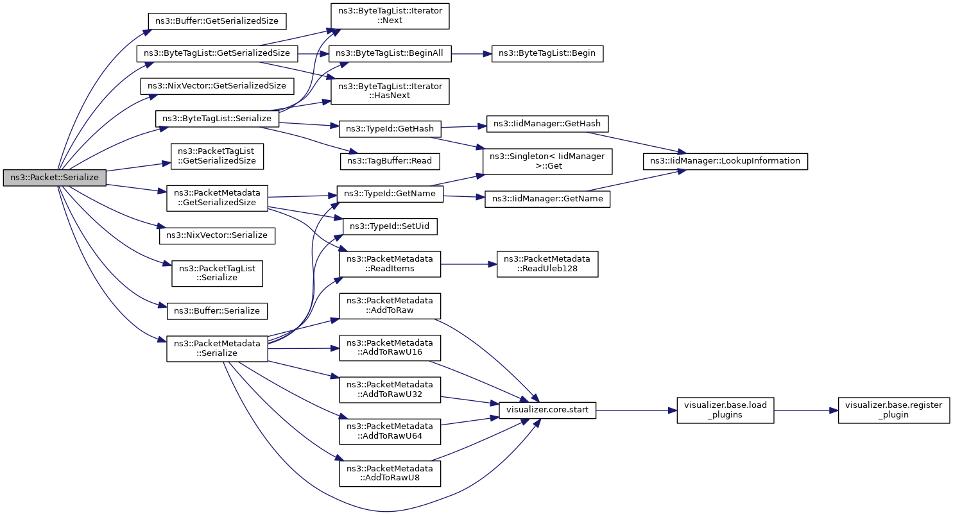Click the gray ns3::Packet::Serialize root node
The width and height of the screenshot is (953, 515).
55,178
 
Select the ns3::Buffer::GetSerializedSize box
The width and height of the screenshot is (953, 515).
217,21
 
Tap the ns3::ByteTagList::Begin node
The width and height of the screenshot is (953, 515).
547,54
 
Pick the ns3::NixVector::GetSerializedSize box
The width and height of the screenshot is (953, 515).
217,86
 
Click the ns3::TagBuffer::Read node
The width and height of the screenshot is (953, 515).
390,161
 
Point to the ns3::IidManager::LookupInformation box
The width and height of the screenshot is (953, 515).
725,161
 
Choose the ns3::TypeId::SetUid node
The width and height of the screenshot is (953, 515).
390,226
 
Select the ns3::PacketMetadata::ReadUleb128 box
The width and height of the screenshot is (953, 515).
547,264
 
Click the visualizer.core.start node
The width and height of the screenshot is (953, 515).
547,410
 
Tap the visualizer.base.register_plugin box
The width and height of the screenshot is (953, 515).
893,410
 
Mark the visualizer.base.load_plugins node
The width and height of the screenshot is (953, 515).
725,410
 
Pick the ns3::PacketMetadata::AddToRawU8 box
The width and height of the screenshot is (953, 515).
390,474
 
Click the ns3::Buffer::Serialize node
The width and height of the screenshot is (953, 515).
217,311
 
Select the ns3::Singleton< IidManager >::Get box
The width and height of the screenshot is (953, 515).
547,162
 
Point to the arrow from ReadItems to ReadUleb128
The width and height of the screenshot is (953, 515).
469,264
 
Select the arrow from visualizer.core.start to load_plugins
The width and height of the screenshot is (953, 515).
637,410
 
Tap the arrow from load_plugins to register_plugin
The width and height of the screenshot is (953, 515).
806,410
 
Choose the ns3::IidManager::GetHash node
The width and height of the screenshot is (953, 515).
547,124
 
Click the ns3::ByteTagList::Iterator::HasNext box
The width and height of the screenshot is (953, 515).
390,91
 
